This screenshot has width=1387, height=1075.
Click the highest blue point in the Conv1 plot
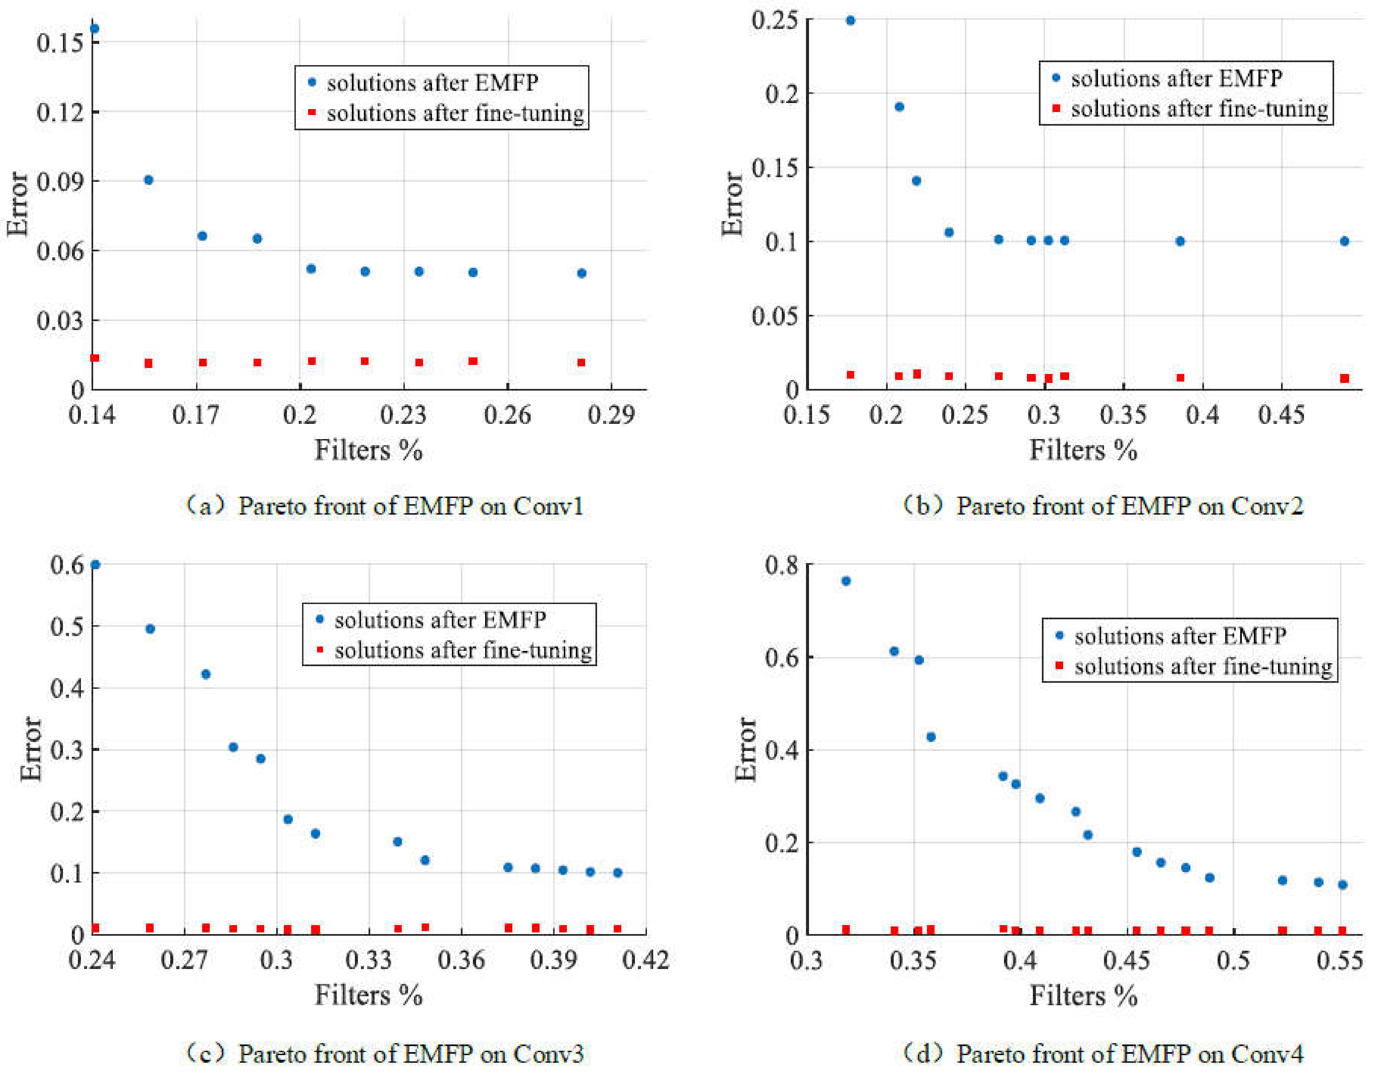pyautogui.click(x=95, y=29)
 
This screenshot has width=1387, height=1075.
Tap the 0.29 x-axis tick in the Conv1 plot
pyautogui.click(x=611, y=415)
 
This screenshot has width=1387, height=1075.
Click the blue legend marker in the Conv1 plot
pyautogui.click(x=312, y=82)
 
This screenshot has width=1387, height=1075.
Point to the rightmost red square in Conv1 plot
pyautogui.click(x=581, y=363)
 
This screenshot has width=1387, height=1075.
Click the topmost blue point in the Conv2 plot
pyautogui.click(x=850, y=20)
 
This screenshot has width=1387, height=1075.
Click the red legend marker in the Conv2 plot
pyautogui.click(x=1056, y=109)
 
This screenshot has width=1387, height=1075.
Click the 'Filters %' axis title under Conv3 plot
pyautogui.click(x=368, y=995)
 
